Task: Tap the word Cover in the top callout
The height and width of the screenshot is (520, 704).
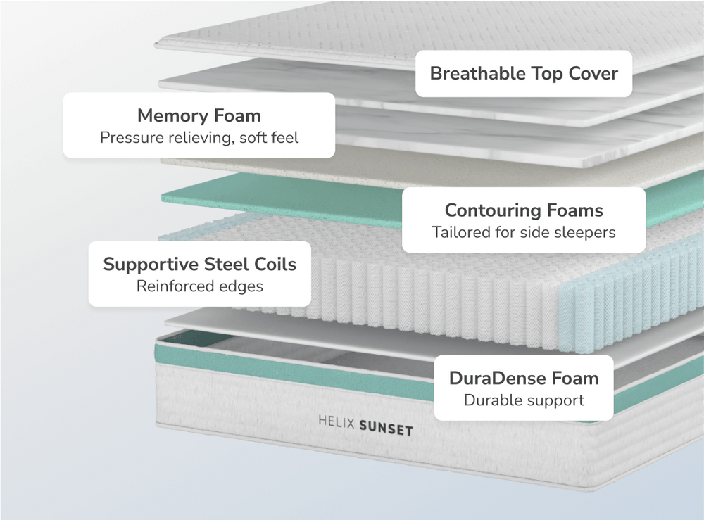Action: click(x=591, y=73)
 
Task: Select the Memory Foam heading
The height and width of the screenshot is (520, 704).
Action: click(x=199, y=115)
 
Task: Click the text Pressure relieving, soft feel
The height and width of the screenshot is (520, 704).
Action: click(x=199, y=137)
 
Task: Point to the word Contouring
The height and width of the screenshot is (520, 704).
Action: click(x=495, y=210)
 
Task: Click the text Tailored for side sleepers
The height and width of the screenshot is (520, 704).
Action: click(x=524, y=232)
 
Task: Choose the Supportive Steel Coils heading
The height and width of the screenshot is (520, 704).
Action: click(x=199, y=265)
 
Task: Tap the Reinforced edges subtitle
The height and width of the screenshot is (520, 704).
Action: click(x=199, y=286)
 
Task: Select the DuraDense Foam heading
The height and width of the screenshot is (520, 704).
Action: click(x=524, y=378)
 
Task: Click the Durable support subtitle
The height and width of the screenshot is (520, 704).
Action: click(x=524, y=400)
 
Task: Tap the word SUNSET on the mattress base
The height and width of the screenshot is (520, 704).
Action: click(x=386, y=427)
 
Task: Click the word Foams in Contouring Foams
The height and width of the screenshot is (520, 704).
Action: click(x=577, y=210)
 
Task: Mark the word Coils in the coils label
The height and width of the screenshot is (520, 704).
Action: click(x=274, y=265)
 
